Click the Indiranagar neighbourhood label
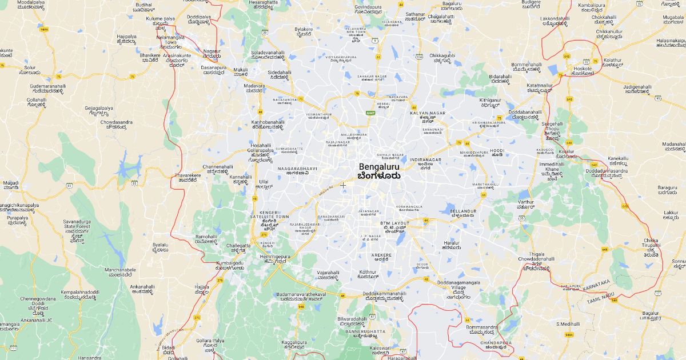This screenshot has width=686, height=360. click(x=429, y=160)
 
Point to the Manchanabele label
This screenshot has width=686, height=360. click(x=120, y=269)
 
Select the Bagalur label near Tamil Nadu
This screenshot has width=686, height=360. click(x=650, y=313)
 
